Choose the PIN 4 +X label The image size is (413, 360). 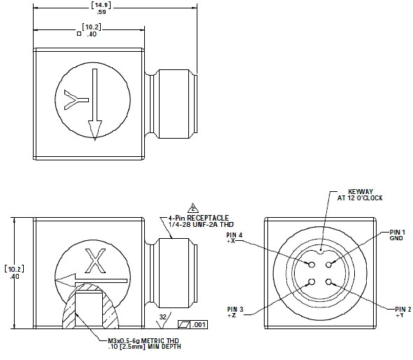click(234, 239)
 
